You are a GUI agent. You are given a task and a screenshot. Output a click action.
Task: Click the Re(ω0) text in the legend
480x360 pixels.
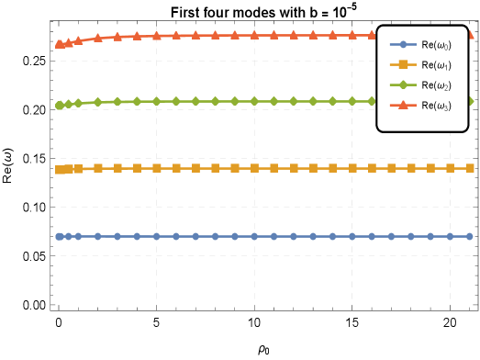[436, 45]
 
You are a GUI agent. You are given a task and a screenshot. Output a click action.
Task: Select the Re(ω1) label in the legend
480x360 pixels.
[436, 65]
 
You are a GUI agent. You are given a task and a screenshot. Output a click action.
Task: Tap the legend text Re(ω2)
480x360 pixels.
[436, 85]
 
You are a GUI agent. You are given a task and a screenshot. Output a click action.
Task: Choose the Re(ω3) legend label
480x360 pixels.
[436, 106]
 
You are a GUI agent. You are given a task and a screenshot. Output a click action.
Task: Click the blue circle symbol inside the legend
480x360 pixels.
[403, 44]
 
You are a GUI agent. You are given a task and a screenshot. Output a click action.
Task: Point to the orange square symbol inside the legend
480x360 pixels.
[403, 64]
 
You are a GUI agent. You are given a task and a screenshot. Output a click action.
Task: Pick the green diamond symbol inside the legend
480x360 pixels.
[403, 84]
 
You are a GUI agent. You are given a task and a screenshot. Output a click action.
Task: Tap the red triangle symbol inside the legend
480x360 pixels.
[403, 105]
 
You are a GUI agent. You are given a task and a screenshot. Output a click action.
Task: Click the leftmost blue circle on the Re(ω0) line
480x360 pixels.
[59, 236]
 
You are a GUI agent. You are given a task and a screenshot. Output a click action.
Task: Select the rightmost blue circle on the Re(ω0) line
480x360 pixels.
[469, 236]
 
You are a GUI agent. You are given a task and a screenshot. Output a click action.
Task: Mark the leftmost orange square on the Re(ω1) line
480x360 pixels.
[59, 170]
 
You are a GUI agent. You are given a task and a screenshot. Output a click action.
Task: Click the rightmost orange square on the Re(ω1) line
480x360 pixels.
[470, 168]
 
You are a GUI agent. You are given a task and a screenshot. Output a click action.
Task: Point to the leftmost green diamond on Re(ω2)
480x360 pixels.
[59, 106]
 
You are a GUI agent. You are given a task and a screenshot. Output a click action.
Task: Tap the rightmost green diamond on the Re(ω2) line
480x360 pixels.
[470, 101]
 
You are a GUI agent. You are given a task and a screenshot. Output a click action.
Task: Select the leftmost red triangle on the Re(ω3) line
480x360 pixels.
[59, 44]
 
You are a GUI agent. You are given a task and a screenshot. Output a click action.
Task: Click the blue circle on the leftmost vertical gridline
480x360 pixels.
[156, 236]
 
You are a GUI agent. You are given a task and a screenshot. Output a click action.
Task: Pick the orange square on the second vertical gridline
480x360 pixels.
[254, 168]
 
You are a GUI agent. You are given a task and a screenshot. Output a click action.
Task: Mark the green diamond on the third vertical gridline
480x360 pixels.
[352, 101]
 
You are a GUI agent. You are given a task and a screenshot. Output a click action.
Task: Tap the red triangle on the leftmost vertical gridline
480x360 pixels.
[156, 36]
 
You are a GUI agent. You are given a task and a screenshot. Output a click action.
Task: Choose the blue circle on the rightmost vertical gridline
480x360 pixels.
[450, 236]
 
